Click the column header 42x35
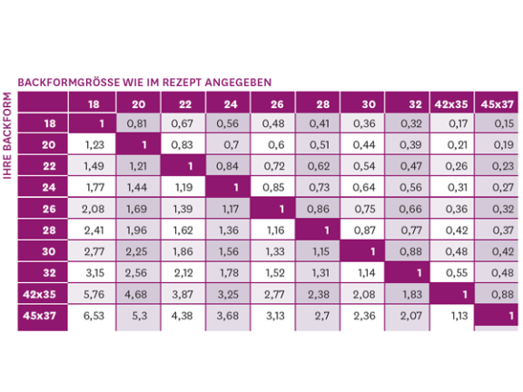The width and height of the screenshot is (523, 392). coord(452,103)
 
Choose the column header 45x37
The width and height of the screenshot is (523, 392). coord(498,103)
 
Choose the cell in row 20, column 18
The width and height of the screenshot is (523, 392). coord(94,144)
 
